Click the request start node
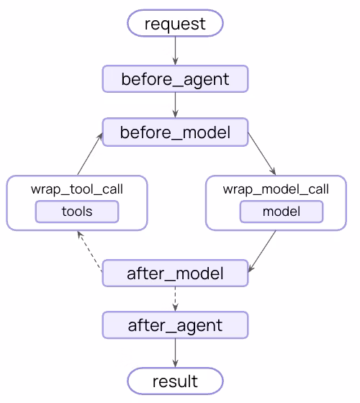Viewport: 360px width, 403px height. [x=175, y=23]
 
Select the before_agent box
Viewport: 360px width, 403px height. [x=175, y=79]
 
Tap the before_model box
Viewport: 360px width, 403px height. [x=175, y=132]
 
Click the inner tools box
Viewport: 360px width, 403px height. [x=77, y=212]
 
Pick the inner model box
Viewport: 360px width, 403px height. [x=281, y=212]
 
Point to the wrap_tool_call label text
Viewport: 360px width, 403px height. [x=77, y=190]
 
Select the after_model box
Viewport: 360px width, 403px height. [x=175, y=273]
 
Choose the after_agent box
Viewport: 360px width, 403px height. [x=175, y=325]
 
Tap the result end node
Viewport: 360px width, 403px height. [x=175, y=380]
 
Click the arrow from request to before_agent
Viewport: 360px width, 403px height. [x=175, y=51]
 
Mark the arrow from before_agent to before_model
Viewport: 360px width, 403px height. [x=175, y=106]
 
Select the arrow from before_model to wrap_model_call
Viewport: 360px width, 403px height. [x=262, y=154]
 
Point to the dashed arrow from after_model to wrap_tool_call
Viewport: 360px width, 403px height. [x=90, y=251]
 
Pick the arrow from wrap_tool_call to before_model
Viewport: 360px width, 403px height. [x=88, y=154]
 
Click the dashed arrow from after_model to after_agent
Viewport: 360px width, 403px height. [x=175, y=299]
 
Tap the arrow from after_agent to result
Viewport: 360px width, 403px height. [x=175, y=353]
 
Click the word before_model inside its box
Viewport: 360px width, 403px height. [x=175, y=132]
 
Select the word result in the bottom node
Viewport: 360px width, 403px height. [x=175, y=380]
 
